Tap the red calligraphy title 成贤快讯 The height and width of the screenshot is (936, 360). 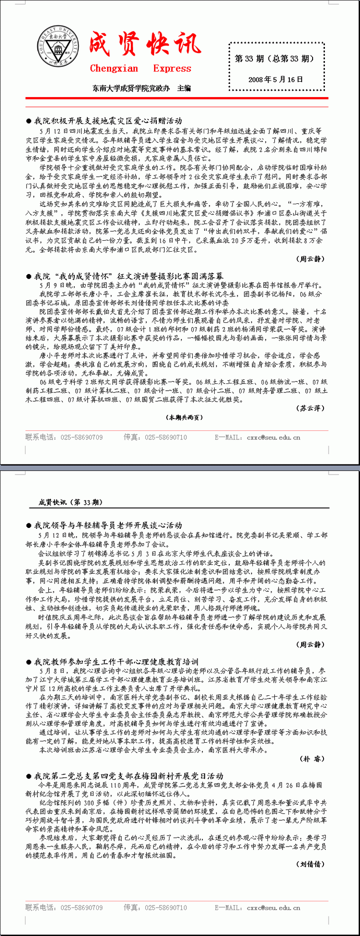[144, 45]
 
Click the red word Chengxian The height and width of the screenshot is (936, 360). [114, 68]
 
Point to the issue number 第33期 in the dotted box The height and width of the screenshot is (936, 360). [274, 58]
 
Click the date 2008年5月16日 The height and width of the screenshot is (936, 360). [276, 79]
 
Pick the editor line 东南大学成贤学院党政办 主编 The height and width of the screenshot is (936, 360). [142, 88]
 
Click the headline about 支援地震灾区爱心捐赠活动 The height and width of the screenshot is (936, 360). [108, 121]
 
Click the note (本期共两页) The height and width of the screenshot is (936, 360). [184, 418]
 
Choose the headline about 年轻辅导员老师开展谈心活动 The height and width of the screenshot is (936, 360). [108, 526]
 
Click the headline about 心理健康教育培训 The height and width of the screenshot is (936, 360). [116, 662]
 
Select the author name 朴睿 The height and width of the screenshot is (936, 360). [312, 759]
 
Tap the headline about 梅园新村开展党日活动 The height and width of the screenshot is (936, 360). [129, 776]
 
